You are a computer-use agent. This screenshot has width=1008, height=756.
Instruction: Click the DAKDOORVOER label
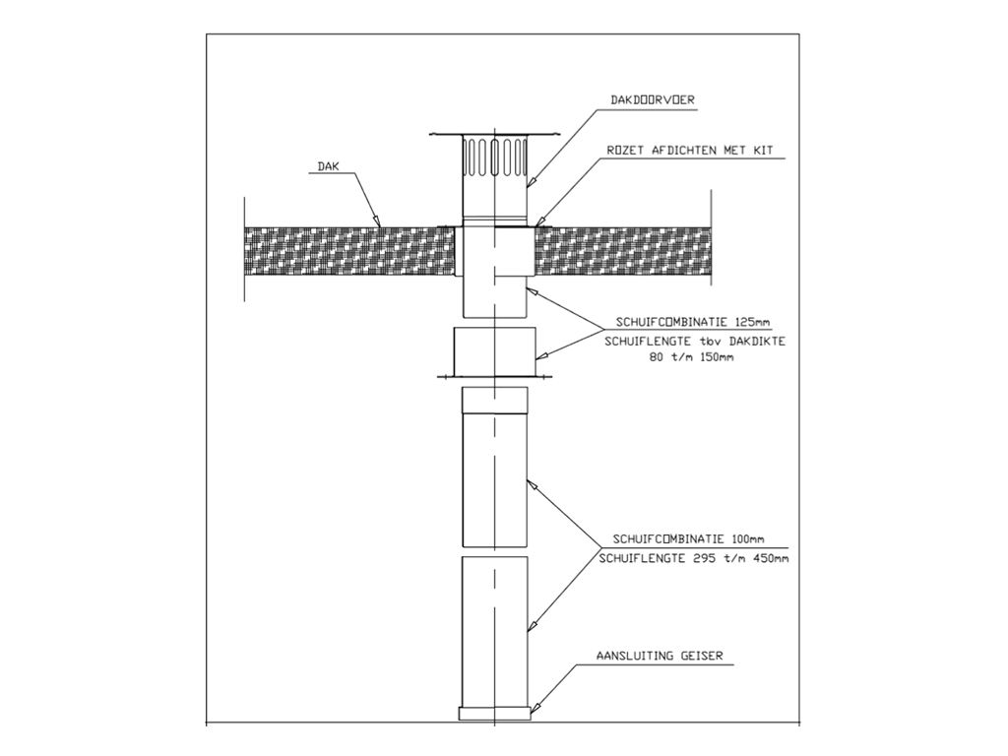click(652, 100)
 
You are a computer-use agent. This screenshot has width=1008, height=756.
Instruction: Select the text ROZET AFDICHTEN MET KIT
click(690, 151)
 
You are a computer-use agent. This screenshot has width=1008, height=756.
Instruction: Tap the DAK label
click(328, 166)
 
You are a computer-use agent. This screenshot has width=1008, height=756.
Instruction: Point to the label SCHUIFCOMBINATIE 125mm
click(693, 322)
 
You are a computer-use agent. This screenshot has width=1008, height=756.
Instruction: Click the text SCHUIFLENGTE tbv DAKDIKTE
click(695, 342)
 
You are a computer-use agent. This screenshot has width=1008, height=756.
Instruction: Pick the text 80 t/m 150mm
click(691, 357)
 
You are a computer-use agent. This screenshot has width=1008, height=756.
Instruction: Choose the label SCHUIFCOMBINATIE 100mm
click(688, 539)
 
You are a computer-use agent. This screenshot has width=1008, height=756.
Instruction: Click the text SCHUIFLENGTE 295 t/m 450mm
click(694, 559)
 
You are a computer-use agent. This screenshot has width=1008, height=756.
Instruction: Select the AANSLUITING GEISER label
click(660, 657)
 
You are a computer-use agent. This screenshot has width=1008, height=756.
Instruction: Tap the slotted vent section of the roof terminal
click(494, 157)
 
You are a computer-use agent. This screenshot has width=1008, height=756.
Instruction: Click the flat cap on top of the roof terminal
click(494, 134)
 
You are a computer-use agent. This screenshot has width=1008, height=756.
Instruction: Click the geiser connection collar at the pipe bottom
click(494, 713)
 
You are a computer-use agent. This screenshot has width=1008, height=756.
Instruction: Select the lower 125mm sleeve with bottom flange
click(494, 352)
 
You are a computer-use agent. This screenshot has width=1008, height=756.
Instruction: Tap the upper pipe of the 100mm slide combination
click(494, 467)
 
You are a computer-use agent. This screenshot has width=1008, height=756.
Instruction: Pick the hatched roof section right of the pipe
click(622, 250)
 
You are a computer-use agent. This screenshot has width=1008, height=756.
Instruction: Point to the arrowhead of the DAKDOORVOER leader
click(531, 182)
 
